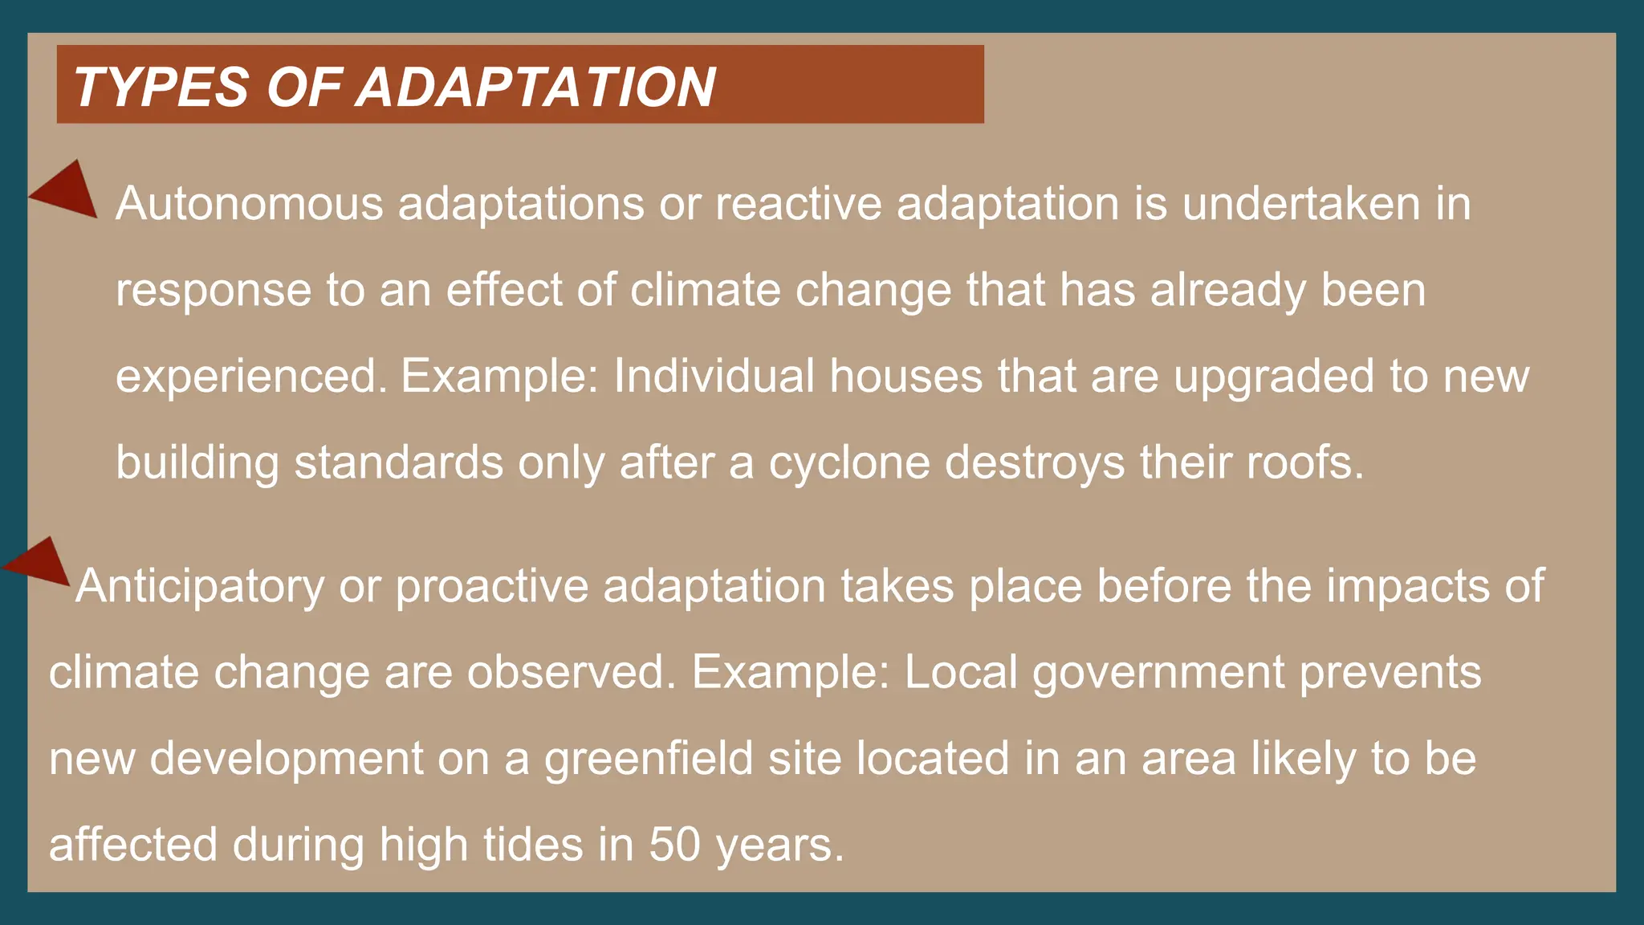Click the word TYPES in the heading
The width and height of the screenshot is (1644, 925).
tap(161, 87)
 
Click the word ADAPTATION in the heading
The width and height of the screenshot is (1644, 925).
tap(535, 87)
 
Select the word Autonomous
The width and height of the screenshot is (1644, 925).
tap(250, 204)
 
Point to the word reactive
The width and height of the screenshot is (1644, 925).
tap(798, 204)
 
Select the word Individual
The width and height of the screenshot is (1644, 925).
tap(714, 377)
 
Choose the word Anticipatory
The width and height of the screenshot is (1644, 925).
tap(200, 587)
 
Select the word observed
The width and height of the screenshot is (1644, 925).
tap(572, 672)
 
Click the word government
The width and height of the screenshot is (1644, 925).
tap(1158, 674)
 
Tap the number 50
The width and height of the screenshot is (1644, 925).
tap(674, 846)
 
